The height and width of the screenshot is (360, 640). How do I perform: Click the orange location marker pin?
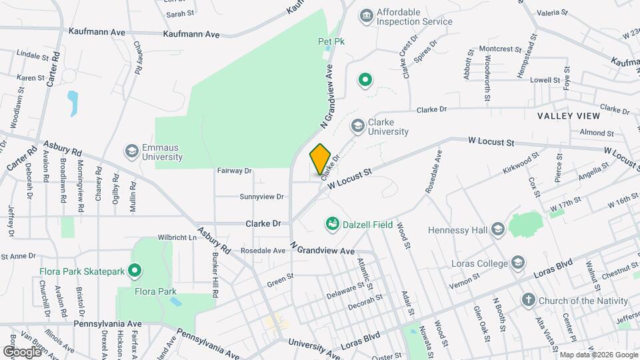click(320, 159)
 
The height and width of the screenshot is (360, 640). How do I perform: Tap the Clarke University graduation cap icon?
click(358, 125)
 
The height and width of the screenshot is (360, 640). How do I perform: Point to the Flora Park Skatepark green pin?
click(135, 271)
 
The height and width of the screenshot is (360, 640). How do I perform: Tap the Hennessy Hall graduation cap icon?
click(497, 229)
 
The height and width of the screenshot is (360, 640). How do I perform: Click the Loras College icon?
click(518, 263)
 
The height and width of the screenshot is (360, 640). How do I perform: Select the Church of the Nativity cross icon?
click(528, 300)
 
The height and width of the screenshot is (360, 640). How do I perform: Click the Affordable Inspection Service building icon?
click(365, 15)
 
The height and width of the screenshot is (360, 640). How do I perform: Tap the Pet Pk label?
click(330, 41)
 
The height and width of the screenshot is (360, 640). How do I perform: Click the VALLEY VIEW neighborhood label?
click(569, 116)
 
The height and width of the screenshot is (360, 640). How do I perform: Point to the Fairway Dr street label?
click(234, 171)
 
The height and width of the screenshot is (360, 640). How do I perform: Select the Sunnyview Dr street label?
click(261, 197)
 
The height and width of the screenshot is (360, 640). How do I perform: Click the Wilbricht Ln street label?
click(158, 237)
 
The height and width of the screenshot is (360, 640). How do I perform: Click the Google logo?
click(22, 351)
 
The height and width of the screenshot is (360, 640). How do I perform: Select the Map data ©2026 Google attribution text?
click(598, 355)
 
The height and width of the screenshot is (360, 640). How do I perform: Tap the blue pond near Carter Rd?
click(73, 103)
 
